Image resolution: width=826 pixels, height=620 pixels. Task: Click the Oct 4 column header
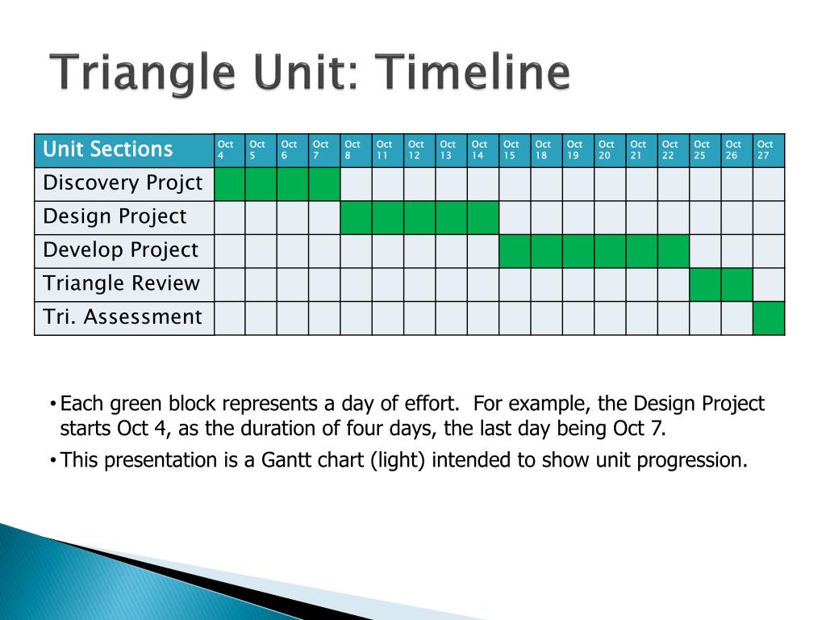[230, 151]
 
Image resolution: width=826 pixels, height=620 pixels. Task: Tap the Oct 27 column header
[769, 151]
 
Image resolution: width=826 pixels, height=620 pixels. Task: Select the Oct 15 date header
[515, 151]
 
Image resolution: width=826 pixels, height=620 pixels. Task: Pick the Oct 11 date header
[388, 151]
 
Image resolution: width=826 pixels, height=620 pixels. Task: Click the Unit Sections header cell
[124, 151]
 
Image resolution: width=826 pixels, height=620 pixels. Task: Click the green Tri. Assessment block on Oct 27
[769, 318]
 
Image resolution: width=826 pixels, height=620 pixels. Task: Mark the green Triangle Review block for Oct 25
[705, 285]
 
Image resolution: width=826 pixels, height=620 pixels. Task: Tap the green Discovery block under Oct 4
[230, 184]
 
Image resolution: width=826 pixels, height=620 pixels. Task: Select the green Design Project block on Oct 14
[483, 218]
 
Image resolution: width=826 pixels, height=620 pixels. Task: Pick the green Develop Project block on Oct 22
[674, 251]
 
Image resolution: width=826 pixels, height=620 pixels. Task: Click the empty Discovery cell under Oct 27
[769, 184]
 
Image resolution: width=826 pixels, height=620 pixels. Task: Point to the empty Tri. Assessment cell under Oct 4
[230, 318]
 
